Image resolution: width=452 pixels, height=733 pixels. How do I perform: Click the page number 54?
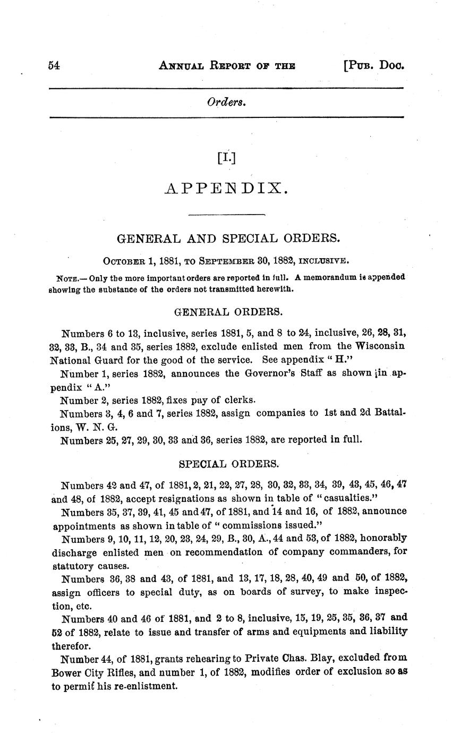[54, 66]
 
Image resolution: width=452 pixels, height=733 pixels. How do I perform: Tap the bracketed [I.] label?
[226, 157]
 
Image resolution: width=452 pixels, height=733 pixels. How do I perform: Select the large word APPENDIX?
[226, 189]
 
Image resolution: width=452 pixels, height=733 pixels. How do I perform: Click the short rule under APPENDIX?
[227, 214]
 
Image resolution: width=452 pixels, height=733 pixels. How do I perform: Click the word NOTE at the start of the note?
[66, 278]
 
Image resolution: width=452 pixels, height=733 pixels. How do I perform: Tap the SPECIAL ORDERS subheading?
[228, 464]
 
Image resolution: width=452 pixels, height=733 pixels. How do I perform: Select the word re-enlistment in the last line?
[147, 686]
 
